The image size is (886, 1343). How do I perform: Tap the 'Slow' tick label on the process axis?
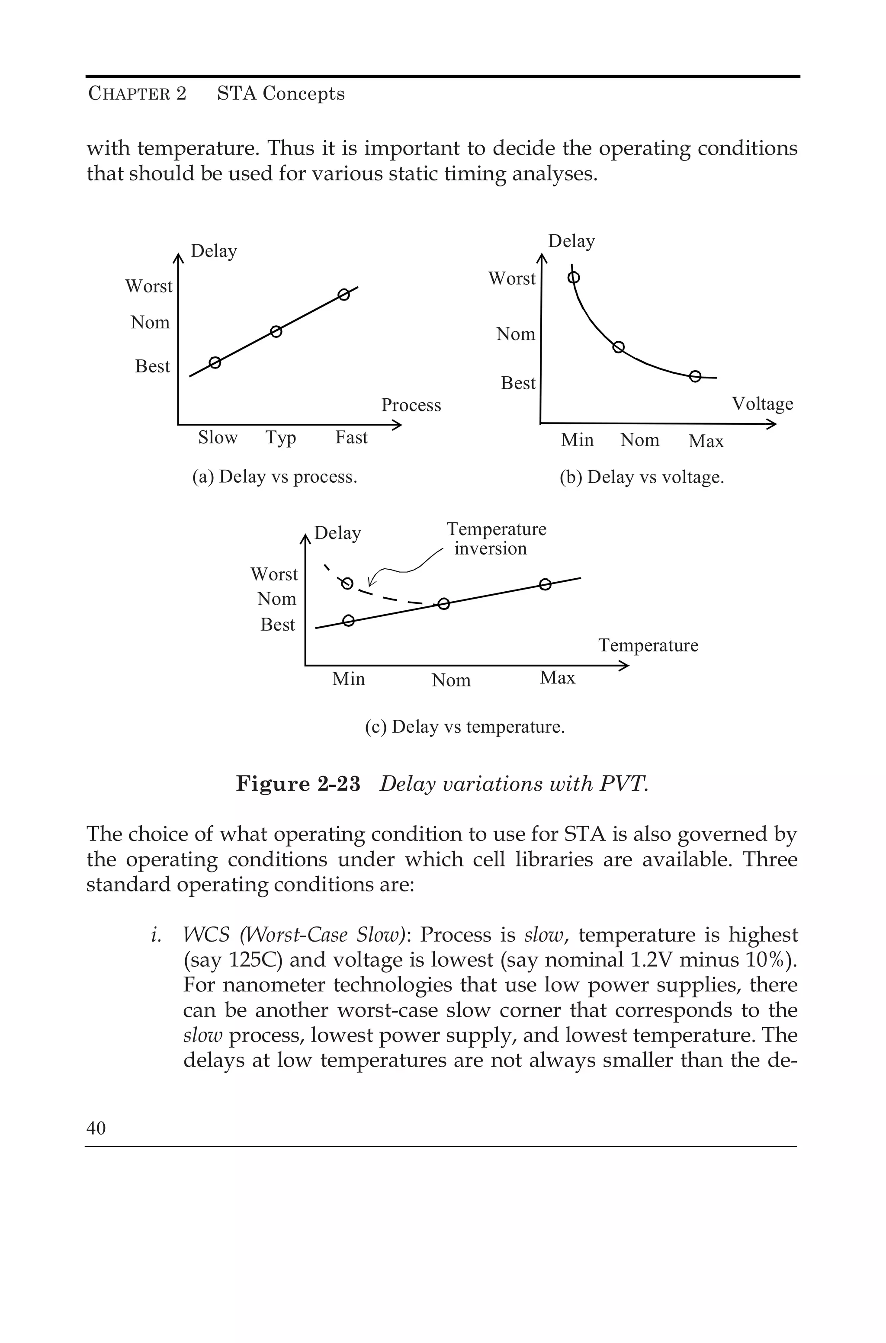coord(218,437)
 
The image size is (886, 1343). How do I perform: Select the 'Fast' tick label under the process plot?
coord(351,437)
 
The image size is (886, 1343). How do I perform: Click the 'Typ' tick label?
coord(281,438)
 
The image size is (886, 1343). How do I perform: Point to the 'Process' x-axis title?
coord(411,405)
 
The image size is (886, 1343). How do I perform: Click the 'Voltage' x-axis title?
coord(762,404)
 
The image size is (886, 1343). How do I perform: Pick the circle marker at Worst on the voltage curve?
coord(574,277)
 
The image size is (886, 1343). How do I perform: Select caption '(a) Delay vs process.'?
coord(275,477)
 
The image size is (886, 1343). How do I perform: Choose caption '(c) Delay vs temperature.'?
coord(465,726)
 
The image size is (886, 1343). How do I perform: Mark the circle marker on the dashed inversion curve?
coord(347,583)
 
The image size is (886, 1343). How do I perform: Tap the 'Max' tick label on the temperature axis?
coord(557,677)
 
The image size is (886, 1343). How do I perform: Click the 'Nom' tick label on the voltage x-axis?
coord(640,440)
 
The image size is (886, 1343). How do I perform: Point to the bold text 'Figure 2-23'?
coord(298,784)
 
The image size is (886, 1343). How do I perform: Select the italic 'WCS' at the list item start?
coord(206,935)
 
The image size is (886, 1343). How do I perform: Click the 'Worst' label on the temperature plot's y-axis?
coord(274,574)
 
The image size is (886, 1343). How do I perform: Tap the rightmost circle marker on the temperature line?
coord(545,584)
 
